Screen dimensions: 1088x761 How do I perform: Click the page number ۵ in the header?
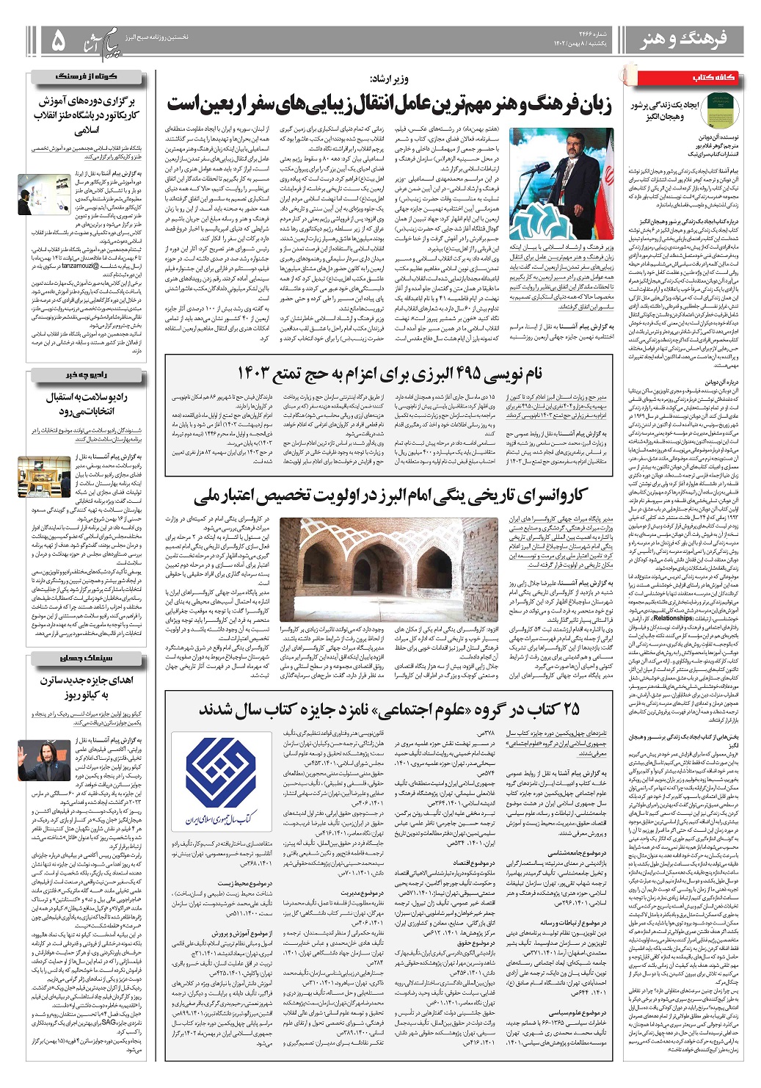(57, 41)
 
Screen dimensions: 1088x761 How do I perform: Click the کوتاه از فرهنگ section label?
(87, 77)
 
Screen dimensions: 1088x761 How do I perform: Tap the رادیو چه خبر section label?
(87, 376)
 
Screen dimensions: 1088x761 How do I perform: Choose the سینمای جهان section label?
(87, 658)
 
